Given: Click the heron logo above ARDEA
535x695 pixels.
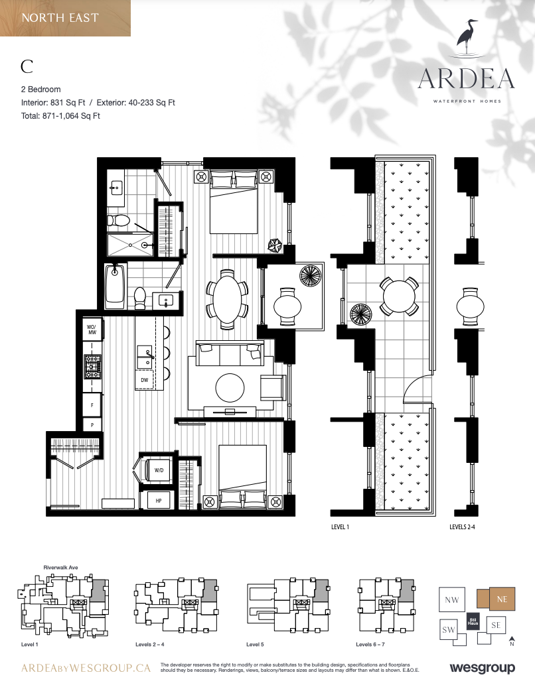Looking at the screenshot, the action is coord(467,38).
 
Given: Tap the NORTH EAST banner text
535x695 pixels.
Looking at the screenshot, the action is coord(60,18).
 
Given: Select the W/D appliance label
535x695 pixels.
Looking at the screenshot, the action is coord(159,470).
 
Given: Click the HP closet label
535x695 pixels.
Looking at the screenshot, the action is coord(159,501).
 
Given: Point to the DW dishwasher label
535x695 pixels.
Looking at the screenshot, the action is coord(145,380).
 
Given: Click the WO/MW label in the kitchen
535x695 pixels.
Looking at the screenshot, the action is coord(92,330).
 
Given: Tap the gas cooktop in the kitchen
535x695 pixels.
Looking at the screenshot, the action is coord(93,367).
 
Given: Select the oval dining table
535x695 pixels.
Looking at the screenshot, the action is coord(227,299).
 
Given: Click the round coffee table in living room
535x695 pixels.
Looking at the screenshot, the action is coord(230,388).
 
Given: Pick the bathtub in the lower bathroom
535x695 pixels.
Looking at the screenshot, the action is coord(115,286).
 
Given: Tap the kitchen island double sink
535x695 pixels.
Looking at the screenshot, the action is coord(145,357).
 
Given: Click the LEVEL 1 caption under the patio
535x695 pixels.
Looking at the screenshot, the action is coord(341,527).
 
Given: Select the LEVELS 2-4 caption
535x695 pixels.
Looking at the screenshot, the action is coord(462,527).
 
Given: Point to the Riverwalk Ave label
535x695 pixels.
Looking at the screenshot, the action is coord(61,568).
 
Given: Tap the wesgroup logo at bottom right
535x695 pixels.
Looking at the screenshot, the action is coord(482,668).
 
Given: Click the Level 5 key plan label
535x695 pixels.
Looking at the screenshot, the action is coord(255,645).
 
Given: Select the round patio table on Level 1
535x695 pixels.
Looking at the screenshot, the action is coord(399,296).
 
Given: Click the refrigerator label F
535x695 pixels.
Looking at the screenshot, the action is coord(92,405).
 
